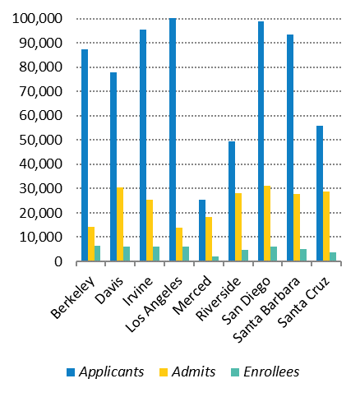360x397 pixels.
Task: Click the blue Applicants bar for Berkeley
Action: point(85,155)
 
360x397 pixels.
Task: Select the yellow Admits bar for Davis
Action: point(120,224)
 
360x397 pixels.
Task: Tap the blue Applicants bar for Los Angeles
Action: point(173,140)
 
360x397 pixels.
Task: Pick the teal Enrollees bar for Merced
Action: point(215,259)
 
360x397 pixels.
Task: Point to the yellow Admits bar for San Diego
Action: point(267,224)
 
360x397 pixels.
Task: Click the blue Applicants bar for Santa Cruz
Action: point(320,193)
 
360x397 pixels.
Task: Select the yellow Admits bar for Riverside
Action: point(238,227)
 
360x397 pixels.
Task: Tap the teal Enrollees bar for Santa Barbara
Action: point(303,255)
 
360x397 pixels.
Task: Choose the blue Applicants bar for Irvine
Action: point(143,145)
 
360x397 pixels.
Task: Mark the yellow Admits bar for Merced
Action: point(209,239)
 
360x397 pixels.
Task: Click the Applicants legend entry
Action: point(105,372)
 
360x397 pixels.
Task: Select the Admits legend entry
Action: point(187,372)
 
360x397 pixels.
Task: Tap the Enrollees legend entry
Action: point(265,372)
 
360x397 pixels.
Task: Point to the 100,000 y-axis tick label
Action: point(37,19)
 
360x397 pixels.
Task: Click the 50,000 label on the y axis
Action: point(40,140)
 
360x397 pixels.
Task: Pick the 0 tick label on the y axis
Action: point(58,261)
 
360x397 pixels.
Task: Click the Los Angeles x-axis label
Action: point(154,304)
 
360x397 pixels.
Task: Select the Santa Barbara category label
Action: point(266,310)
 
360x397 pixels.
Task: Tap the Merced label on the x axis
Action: point(193,295)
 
